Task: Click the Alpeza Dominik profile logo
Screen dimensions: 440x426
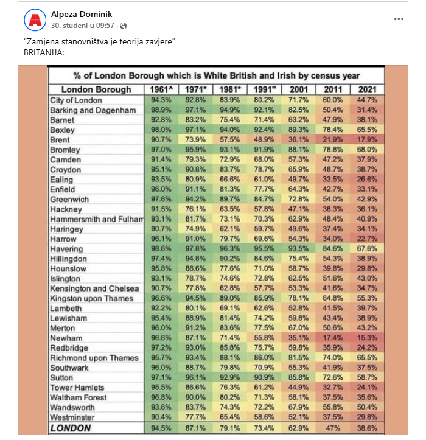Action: coord(35,20)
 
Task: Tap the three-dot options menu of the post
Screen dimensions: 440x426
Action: coord(399,19)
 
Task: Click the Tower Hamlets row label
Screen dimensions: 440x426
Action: coord(77,388)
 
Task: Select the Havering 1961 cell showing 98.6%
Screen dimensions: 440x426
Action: coord(161,249)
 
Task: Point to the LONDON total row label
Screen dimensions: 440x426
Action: coord(71,428)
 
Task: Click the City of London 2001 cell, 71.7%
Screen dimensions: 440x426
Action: coord(299,100)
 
